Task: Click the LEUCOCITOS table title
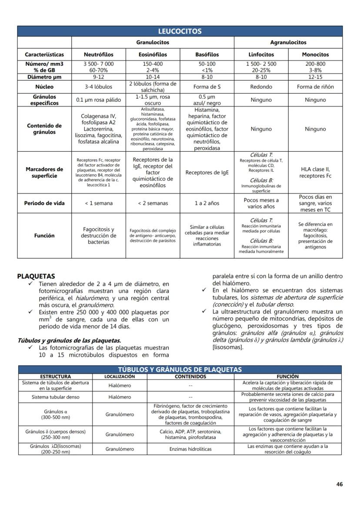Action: click(x=180, y=31)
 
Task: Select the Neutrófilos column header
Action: click(x=99, y=55)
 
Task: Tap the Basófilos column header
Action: click(x=207, y=55)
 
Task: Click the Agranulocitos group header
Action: click(x=288, y=43)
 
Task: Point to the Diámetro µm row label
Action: click(x=44, y=77)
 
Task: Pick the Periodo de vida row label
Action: click(x=44, y=203)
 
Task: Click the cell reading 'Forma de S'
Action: click(x=207, y=86)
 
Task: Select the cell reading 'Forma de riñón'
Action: click(x=315, y=86)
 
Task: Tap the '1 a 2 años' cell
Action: click(x=207, y=203)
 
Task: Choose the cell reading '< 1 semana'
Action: click(x=99, y=203)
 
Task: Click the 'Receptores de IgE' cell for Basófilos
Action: click(x=207, y=173)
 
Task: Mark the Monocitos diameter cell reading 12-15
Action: click(x=315, y=77)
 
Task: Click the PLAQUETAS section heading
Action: click(x=36, y=276)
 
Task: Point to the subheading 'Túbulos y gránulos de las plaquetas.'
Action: click(x=69, y=340)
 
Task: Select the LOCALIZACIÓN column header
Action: click(x=120, y=376)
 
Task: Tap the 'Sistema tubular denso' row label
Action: click(x=55, y=397)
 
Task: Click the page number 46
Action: click(x=340, y=484)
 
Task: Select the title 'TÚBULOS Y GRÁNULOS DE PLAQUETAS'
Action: click(x=180, y=369)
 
